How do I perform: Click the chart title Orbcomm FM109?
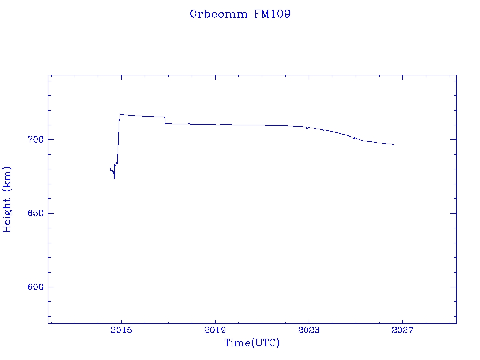(240, 14)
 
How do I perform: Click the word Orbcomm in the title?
(218, 14)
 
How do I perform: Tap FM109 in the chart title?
(272, 14)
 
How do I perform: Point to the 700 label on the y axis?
(36, 140)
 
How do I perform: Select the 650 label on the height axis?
(36, 213)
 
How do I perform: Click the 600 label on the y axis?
(36, 287)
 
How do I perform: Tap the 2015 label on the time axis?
(121, 330)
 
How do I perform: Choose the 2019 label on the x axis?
(215, 330)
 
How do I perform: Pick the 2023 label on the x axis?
(309, 330)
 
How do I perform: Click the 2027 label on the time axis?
(403, 330)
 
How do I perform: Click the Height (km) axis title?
(7, 200)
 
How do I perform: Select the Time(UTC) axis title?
(252, 343)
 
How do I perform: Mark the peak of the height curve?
(120, 113)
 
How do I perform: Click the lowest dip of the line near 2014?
(114, 179)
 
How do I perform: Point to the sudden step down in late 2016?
(165, 120)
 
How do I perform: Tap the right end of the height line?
(394, 144)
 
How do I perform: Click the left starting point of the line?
(110, 168)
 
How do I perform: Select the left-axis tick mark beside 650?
(51, 213)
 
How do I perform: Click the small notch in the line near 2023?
(307, 128)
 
